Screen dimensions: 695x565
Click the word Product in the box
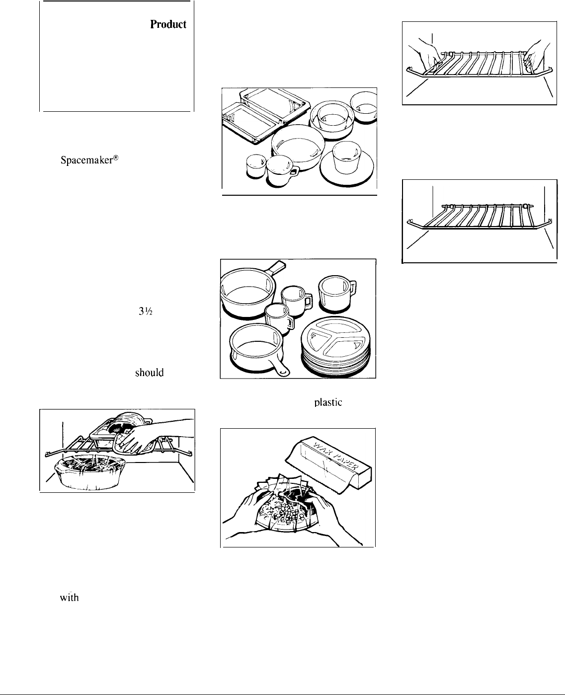click(169, 24)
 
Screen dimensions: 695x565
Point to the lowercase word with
click(70, 598)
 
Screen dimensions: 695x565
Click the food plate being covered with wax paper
click(288, 521)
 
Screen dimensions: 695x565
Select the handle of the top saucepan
click(275, 269)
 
